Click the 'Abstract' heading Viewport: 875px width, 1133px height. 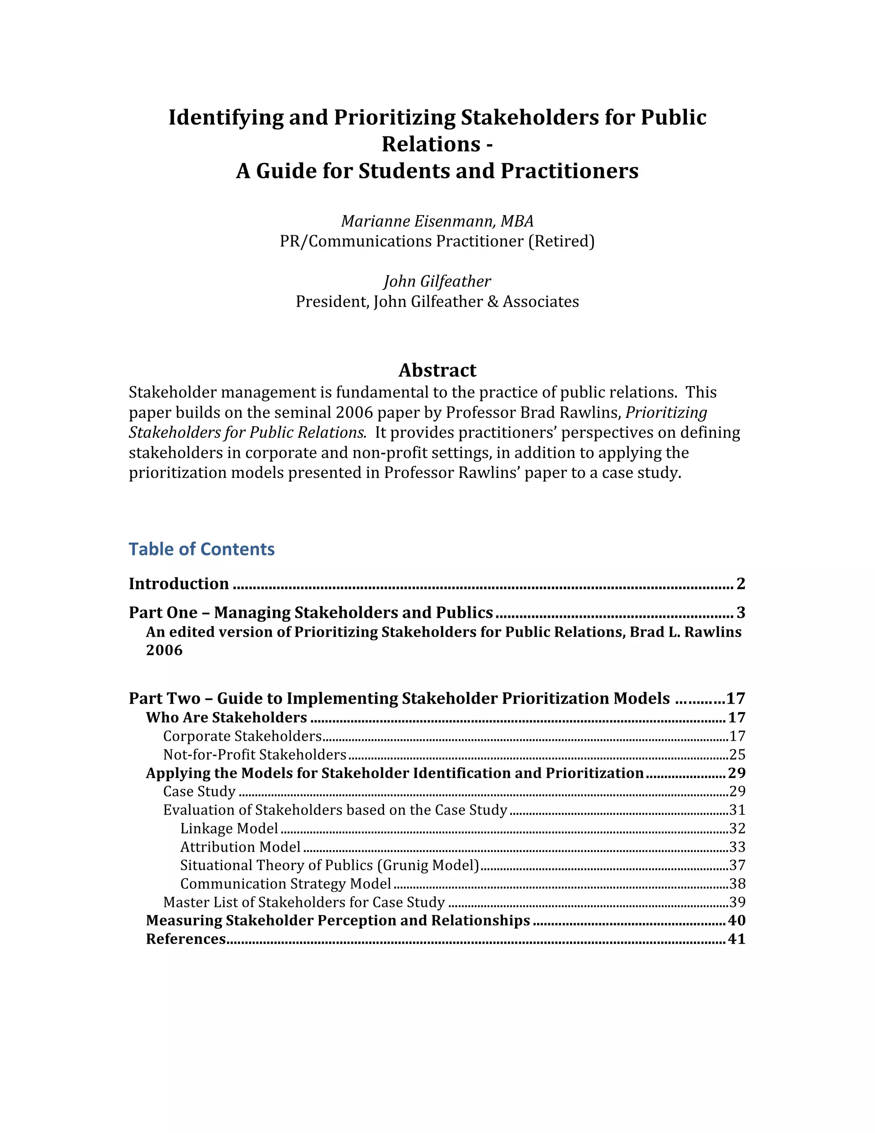tap(437, 370)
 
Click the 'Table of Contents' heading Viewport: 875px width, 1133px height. tap(202, 549)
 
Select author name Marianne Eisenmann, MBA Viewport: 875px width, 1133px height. tap(437, 221)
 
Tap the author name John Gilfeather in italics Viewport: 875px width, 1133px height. tap(437, 282)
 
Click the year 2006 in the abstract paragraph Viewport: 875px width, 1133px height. tap(355, 413)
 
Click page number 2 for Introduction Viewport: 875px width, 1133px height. tap(741, 584)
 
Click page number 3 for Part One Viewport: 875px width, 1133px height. tap(741, 613)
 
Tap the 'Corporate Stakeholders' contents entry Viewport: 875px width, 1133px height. tap(243, 737)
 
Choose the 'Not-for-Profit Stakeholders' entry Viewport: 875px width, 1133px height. tap(255, 755)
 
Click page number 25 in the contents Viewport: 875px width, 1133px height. tap(737, 755)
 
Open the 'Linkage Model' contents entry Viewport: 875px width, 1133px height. tap(229, 829)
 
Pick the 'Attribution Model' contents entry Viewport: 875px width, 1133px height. tap(240, 847)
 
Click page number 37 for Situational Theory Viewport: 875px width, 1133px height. tap(737, 865)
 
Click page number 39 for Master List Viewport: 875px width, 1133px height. tap(737, 902)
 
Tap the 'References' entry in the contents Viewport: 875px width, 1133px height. tap(185, 939)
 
